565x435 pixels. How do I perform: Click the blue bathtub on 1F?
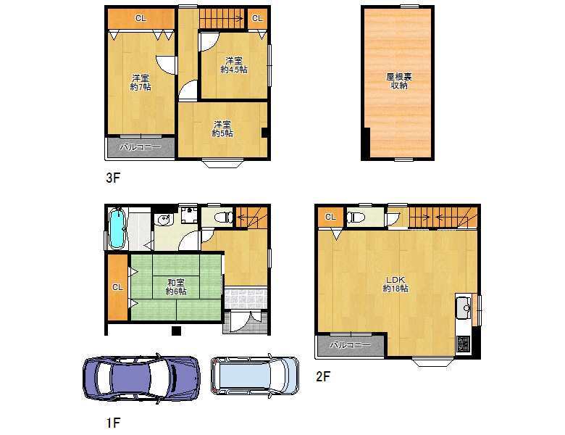point(117,228)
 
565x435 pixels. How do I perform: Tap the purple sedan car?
point(141,378)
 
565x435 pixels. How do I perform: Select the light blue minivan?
point(255,376)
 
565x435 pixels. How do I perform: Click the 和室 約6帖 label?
point(176,287)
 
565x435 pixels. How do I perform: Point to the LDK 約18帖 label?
point(395,284)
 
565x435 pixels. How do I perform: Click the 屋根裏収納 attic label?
point(399,80)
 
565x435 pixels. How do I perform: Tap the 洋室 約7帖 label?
point(141,83)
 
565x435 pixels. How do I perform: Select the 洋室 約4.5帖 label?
point(234,65)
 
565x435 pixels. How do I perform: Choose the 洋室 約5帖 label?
point(222,129)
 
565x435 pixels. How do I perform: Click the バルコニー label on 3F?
point(141,146)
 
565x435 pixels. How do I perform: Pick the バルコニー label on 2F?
point(351,345)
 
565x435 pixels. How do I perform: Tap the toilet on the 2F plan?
point(356,217)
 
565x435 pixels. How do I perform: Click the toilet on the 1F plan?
point(224,217)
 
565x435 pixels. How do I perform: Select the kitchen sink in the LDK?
point(464,307)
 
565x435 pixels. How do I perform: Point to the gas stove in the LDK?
point(463,344)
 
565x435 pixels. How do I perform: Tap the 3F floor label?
point(113,178)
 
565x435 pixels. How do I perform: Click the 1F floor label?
point(113,423)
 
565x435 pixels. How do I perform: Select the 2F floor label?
point(323,376)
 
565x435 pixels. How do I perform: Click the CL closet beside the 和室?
point(118,287)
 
